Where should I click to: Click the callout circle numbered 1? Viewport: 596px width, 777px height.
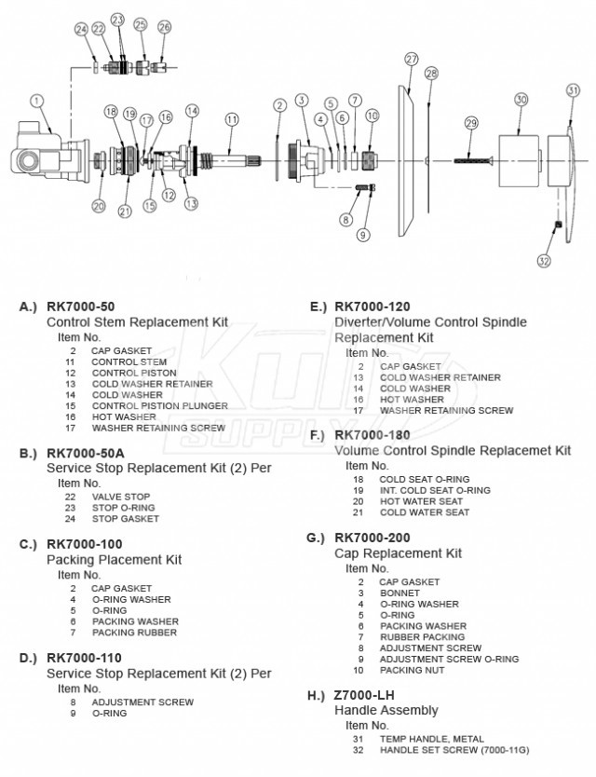tap(36, 100)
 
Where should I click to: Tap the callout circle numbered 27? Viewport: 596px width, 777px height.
tap(412, 59)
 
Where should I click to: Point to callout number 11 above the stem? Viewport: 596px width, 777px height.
tap(232, 119)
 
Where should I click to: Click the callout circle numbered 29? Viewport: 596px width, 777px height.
tap(471, 123)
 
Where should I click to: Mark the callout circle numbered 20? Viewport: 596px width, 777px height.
tap(99, 206)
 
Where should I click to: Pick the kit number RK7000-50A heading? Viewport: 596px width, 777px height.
tap(84, 453)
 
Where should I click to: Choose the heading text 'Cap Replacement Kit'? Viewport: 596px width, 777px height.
tap(398, 553)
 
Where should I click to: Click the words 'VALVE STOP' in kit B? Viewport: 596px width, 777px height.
tap(120, 497)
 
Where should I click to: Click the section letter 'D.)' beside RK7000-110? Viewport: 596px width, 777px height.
tap(28, 658)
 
